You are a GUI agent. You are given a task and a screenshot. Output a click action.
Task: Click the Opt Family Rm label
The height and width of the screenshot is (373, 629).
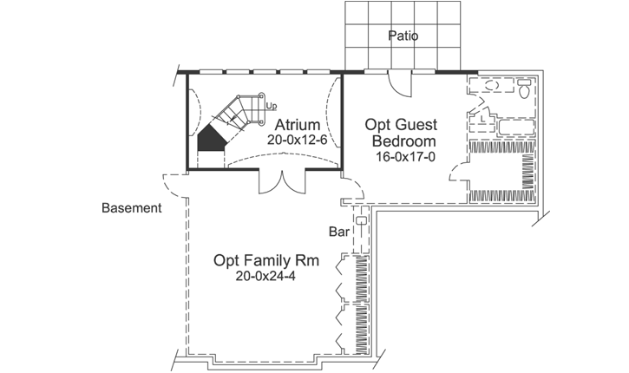[261, 260]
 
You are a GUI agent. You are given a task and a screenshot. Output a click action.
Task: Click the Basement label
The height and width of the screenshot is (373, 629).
[132, 208]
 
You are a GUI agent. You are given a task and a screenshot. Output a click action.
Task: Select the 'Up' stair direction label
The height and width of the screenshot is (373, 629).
[272, 107]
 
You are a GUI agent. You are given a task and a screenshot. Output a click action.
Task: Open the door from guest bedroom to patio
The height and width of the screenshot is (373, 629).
[396, 83]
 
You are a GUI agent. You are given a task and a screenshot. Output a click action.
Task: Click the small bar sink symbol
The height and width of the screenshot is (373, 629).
[362, 220]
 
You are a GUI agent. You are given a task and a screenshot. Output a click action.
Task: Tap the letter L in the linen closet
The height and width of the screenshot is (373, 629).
[482, 119]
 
